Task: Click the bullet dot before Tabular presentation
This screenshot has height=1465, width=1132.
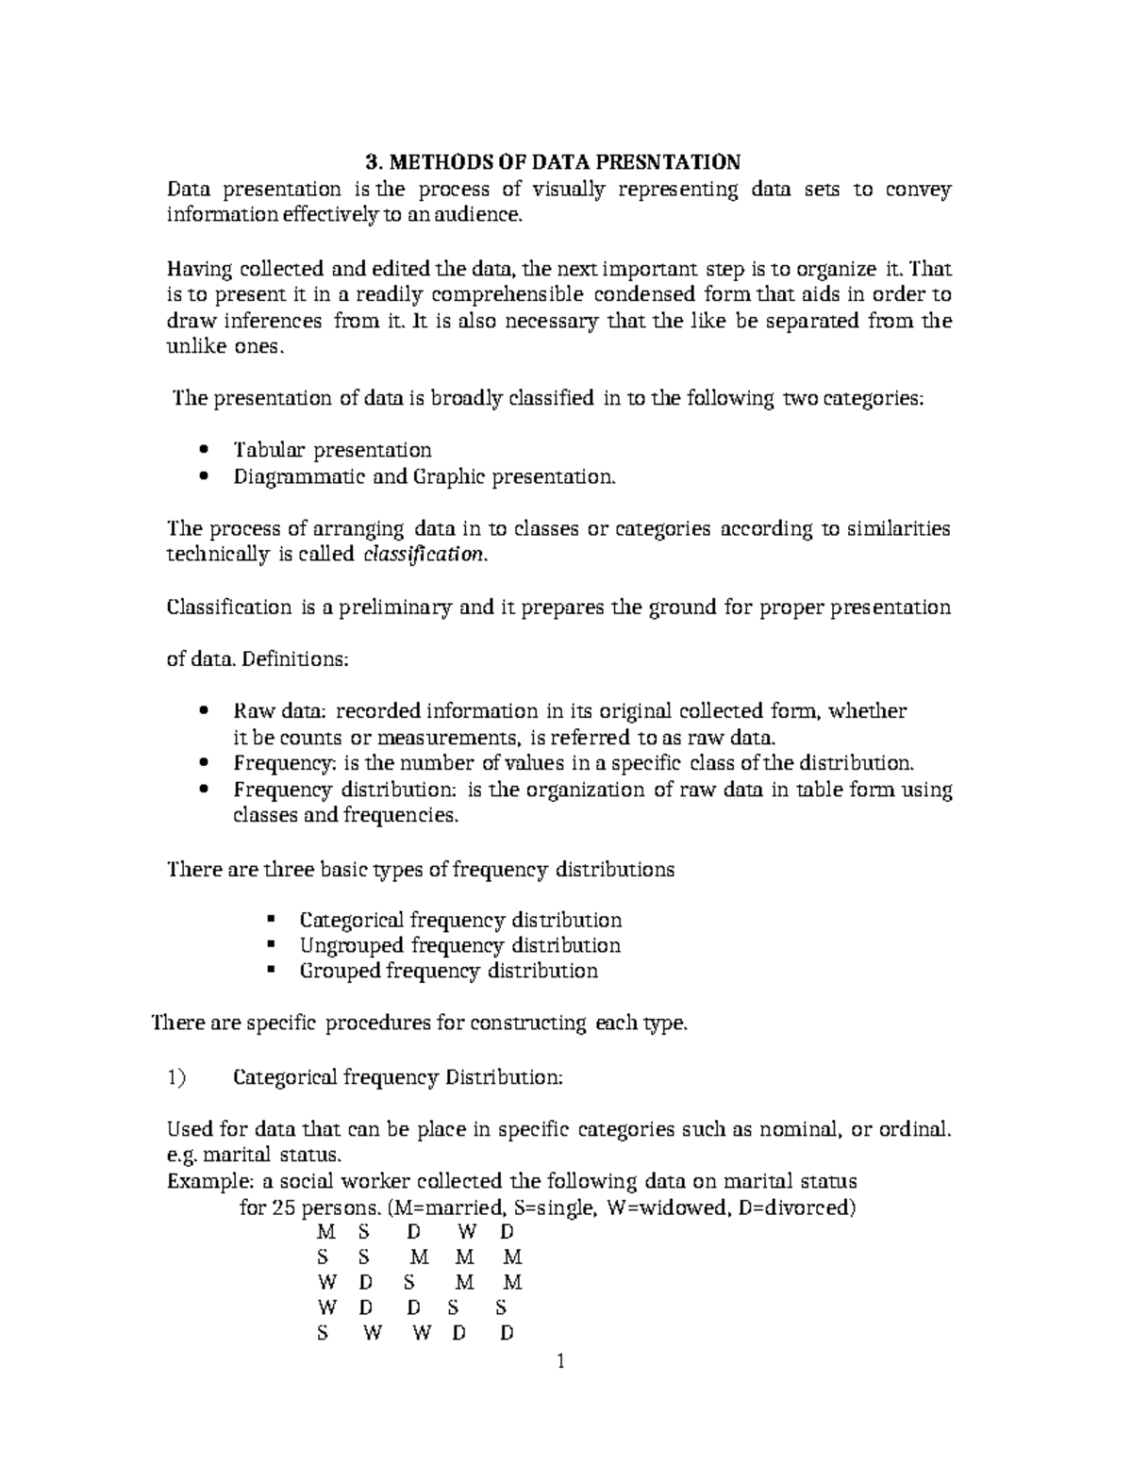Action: tap(205, 450)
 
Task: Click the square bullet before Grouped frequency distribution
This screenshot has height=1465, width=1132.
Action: tap(271, 971)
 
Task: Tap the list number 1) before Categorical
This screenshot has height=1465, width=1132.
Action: tap(176, 1076)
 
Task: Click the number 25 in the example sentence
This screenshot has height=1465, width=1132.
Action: tap(283, 1207)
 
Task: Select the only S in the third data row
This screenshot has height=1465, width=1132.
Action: tap(408, 1283)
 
